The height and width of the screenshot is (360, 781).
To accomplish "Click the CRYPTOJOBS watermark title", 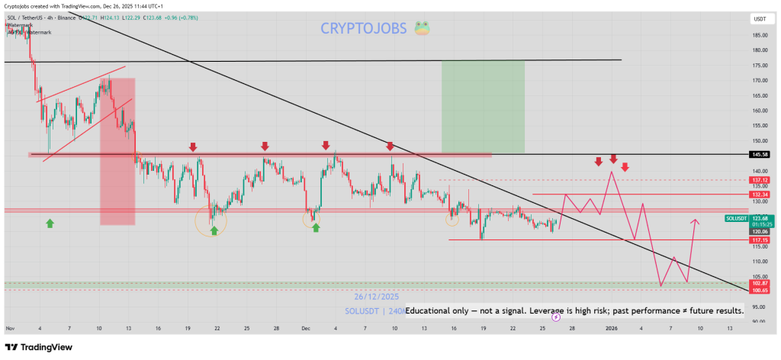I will [362, 29].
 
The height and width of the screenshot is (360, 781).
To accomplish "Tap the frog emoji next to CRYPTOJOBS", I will [421, 29].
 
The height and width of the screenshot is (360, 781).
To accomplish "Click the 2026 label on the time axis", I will [612, 328].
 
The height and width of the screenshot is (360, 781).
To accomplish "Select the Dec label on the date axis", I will [306, 328].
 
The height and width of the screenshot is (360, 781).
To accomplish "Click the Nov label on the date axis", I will [10, 328].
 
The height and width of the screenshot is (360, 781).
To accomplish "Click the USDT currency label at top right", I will [759, 18].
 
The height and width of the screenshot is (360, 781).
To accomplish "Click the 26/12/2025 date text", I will [377, 297].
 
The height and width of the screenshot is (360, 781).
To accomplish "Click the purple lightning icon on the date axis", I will [556, 317].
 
